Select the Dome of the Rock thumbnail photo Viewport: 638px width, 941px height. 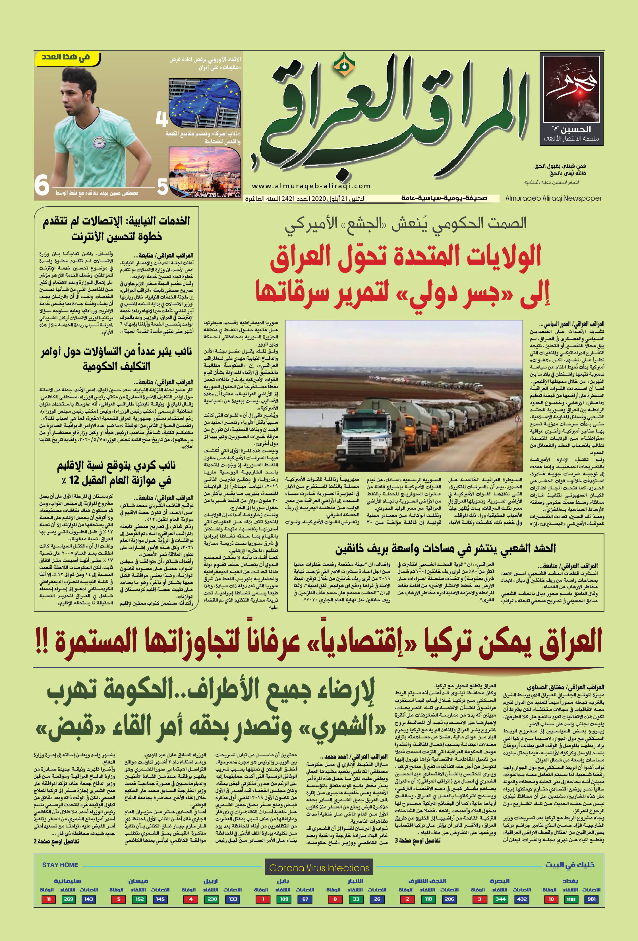[205, 172]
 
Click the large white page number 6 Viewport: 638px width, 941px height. [42, 186]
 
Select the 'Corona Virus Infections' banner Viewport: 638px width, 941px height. [319, 868]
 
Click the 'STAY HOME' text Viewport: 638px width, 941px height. [60, 865]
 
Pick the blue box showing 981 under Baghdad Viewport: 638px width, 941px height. [591, 899]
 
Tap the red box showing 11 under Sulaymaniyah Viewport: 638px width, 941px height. [49, 899]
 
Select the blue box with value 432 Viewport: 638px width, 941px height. [522, 899]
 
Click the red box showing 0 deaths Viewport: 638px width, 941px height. [335, 899]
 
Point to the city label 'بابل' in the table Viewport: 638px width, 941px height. [283, 881]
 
